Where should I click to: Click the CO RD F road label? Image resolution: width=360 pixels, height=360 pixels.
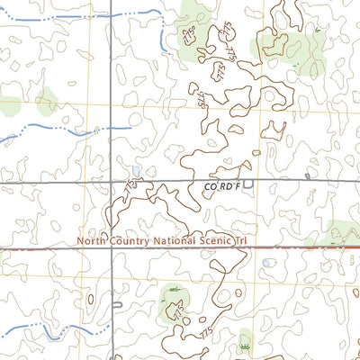click(221, 186)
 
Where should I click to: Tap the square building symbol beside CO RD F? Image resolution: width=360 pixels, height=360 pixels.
click(248, 186)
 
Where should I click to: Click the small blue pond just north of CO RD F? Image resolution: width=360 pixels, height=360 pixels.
click(135, 170)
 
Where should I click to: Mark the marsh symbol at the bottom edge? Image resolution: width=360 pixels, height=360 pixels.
click(244, 345)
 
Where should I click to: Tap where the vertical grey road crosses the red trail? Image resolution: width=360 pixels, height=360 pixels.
click(112, 248)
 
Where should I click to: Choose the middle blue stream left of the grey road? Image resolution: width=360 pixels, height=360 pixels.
click(54, 132)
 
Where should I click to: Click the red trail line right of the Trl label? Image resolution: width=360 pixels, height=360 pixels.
click(297, 247)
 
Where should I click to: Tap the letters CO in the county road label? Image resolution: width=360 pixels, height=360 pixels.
click(210, 186)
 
